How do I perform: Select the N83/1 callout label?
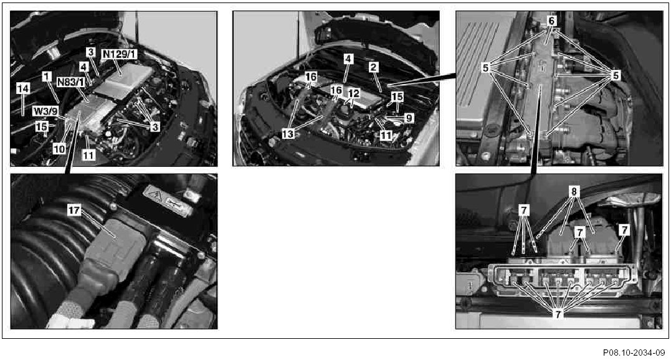(x=70, y=82)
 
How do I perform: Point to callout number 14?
(x=23, y=88)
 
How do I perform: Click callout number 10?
(x=59, y=149)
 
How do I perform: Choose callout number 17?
(x=74, y=211)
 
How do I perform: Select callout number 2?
(x=374, y=67)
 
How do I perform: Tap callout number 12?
(x=353, y=93)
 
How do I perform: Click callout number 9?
(x=409, y=118)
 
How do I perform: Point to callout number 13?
(x=288, y=135)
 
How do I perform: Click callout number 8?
(x=574, y=191)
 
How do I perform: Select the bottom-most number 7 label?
(x=558, y=315)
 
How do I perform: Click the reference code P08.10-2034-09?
(x=634, y=353)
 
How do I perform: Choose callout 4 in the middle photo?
(x=349, y=59)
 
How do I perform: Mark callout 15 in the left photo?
(x=42, y=127)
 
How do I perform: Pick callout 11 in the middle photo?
(x=386, y=136)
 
